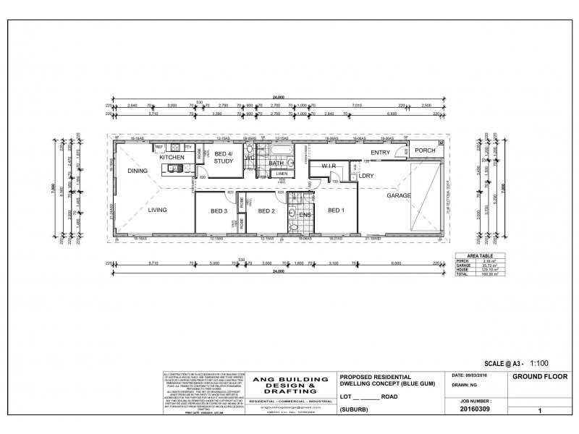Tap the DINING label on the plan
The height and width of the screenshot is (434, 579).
pos(138,171)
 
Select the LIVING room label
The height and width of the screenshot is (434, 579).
pos(158,210)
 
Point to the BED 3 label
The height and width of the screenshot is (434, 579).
pos(219,211)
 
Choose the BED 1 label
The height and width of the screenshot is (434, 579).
pos(336,210)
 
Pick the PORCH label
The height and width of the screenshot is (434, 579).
pos(425,150)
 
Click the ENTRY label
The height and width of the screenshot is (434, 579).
pos(380,153)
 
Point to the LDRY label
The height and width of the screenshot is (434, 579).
pos(366,176)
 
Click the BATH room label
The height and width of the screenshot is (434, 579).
pos(276,163)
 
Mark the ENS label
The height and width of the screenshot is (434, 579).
pos(304,214)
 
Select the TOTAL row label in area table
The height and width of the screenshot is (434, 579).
pos(461,274)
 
